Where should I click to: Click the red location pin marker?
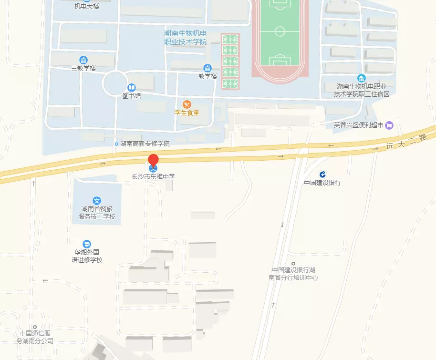pyautogui.click(x=153, y=161)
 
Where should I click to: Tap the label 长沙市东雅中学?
pyautogui.click(x=153, y=176)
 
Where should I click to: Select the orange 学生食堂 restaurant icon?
pyautogui.click(x=187, y=104)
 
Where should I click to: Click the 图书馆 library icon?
pyautogui.click(x=132, y=88)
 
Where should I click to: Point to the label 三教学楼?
pyautogui.click(x=83, y=68)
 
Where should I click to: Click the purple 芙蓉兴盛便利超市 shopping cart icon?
pyautogui.click(x=389, y=125)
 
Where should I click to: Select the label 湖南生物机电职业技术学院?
pyautogui.click(x=185, y=38)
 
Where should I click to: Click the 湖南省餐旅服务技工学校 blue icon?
pyautogui.click(x=97, y=201)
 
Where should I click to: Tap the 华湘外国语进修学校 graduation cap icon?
pyautogui.click(x=86, y=244)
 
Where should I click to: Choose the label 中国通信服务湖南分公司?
pyautogui.click(x=35, y=337)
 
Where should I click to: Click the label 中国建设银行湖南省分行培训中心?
pyautogui.click(x=293, y=274)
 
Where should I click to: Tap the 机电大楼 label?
pyautogui.click(x=87, y=6)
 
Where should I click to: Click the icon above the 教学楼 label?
pyautogui.click(x=208, y=68)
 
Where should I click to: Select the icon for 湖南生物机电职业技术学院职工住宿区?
pyautogui.click(x=362, y=78)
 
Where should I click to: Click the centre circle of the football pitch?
pyautogui.click(x=280, y=31)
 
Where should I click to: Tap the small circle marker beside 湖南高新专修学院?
pyautogui.click(x=116, y=144)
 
